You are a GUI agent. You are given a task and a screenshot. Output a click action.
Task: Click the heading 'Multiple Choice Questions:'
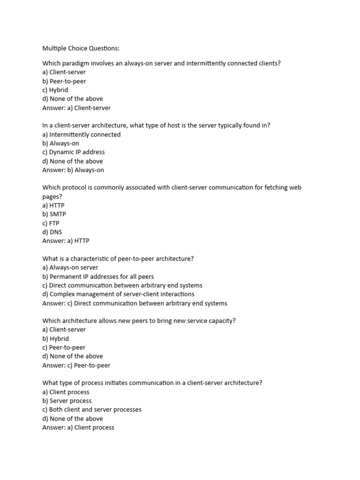pyautogui.click(x=81, y=48)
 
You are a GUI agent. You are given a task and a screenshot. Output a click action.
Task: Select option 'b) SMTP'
pyautogui.click(x=54, y=214)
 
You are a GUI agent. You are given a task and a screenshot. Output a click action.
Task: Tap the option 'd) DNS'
pyautogui.click(x=52, y=232)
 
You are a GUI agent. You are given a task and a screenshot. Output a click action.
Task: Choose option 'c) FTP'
pyautogui.click(x=51, y=223)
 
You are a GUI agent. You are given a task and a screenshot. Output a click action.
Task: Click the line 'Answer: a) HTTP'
pyautogui.click(x=66, y=241)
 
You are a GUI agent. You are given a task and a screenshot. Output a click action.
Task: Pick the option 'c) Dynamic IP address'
pyautogui.click(x=74, y=152)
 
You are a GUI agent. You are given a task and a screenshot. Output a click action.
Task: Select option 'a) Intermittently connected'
pyautogui.click(x=82, y=135)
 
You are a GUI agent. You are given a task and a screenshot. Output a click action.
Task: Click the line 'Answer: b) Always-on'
pyautogui.click(x=73, y=170)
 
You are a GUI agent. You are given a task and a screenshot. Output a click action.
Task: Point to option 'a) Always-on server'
pyautogui.click(x=70, y=268)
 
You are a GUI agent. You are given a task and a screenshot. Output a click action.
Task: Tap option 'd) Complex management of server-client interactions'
pyautogui.click(x=118, y=294)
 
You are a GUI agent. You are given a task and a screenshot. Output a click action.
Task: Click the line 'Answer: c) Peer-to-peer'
pyautogui.click(x=76, y=366)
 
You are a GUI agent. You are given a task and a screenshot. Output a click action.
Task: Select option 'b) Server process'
pyautogui.click(x=67, y=401)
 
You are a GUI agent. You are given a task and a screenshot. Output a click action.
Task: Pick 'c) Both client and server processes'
pyautogui.click(x=92, y=410)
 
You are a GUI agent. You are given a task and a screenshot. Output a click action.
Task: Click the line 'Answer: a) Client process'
pyautogui.click(x=78, y=427)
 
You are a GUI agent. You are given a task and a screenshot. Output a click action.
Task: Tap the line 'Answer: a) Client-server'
pyautogui.click(x=76, y=108)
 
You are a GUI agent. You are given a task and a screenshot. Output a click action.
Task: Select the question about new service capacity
pyautogui.click(x=139, y=321)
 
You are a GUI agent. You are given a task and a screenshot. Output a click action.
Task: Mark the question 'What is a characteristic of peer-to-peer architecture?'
pyautogui.click(x=118, y=259)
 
